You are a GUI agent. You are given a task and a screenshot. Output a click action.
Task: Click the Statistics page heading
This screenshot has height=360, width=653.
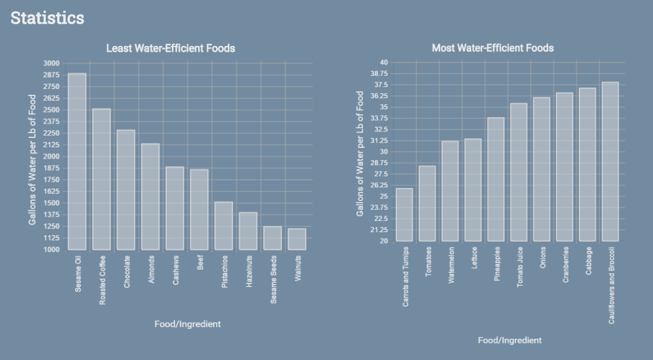pyautogui.click(x=47, y=18)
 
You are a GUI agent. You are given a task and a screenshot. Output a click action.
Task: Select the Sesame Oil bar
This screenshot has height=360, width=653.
pyautogui.click(x=77, y=161)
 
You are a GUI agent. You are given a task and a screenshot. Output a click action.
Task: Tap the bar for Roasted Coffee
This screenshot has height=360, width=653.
pyautogui.click(x=101, y=179)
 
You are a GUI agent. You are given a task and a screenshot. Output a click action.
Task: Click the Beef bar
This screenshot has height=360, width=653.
pyautogui.click(x=199, y=209)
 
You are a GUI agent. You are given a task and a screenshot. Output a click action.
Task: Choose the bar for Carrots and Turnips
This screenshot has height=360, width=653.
pyautogui.click(x=404, y=214)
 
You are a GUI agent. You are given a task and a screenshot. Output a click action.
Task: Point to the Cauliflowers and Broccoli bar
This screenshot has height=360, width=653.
pyautogui.click(x=610, y=161)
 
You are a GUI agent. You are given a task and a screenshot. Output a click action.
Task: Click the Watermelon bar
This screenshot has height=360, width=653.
pyautogui.click(x=450, y=191)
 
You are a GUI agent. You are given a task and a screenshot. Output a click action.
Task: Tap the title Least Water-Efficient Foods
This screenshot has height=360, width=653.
pyautogui.click(x=170, y=48)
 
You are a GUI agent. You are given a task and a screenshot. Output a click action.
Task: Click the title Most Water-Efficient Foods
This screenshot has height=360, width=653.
pyautogui.click(x=493, y=48)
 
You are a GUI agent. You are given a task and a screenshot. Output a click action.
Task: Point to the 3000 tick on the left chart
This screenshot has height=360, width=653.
pyautogui.click(x=51, y=64)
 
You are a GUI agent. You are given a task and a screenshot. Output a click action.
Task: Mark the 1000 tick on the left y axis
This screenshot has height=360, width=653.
pyautogui.click(x=51, y=250)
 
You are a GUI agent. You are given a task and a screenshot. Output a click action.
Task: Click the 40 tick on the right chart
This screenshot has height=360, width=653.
pyautogui.click(x=383, y=62)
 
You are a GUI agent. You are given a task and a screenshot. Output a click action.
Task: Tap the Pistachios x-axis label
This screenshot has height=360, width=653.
pyautogui.click(x=224, y=272)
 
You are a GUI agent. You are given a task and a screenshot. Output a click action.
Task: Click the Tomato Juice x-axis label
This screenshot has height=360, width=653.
pyautogui.click(x=519, y=267)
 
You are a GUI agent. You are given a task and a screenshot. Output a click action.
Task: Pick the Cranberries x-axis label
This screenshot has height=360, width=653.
pyautogui.click(x=565, y=265)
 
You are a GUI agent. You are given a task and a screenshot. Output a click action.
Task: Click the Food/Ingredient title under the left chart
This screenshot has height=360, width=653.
pyautogui.click(x=187, y=324)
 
